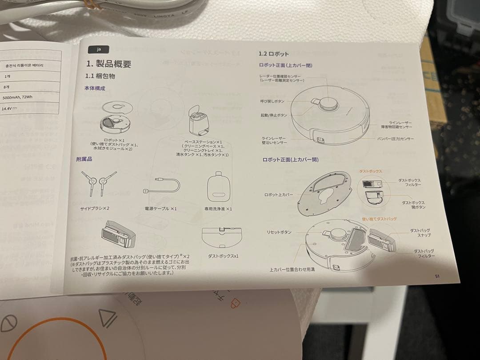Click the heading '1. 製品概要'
pos(109,64)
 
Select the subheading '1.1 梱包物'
pos(100,76)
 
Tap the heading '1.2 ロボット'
pos(274,54)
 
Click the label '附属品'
pos(84,159)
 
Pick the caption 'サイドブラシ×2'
pos(95,208)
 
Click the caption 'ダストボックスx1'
pos(223,256)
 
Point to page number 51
pos(437,276)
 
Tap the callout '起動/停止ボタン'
pos(274,115)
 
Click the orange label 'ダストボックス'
pos(370,171)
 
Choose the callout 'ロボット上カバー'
pos(279,195)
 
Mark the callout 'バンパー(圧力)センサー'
pos(395,139)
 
